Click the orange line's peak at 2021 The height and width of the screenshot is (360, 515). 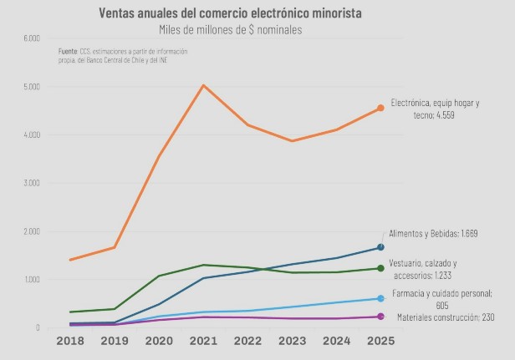pyautogui.click(x=203, y=85)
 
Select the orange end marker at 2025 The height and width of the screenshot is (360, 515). pyautogui.click(x=380, y=108)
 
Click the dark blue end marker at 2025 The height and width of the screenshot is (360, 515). pyautogui.click(x=380, y=247)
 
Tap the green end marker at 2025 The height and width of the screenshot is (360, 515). pyautogui.click(x=380, y=268)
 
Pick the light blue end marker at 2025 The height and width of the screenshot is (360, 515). pyautogui.click(x=380, y=298)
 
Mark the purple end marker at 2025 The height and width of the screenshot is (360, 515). pyautogui.click(x=380, y=317)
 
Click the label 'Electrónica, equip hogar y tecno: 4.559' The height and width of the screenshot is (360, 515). pyautogui.click(x=435, y=109)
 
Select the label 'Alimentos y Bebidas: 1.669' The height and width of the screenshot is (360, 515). pyautogui.click(x=433, y=234)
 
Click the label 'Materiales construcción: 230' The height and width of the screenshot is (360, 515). pyautogui.click(x=446, y=317)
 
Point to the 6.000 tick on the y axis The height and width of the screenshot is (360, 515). pyautogui.click(x=32, y=38)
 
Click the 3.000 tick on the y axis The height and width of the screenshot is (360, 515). pyautogui.click(x=32, y=183)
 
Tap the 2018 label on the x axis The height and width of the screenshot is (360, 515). pyautogui.click(x=70, y=342)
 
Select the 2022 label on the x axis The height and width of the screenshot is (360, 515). pyautogui.click(x=247, y=342)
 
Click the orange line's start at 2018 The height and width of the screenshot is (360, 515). pyautogui.click(x=70, y=260)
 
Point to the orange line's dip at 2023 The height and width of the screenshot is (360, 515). pyautogui.click(x=292, y=140)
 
